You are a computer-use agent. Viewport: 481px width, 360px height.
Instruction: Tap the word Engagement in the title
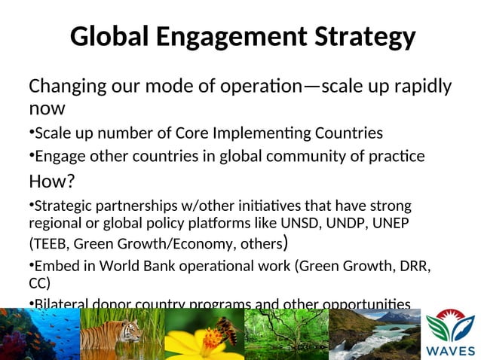pos(225,37)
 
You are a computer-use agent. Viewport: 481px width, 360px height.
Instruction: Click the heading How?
pos(53,181)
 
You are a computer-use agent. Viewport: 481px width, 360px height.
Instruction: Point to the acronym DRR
pos(413,266)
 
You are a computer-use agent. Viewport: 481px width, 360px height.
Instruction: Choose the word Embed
pos(57,266)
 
